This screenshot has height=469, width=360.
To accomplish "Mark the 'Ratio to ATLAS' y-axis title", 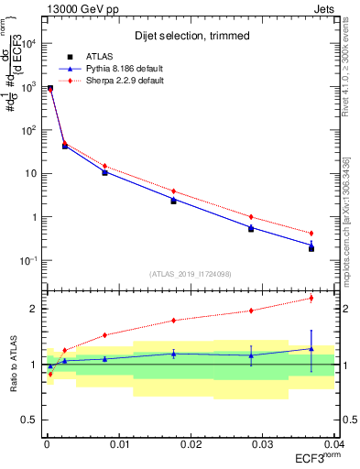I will point(13,364).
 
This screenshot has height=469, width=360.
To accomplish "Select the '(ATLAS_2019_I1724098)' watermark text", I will point(190,273).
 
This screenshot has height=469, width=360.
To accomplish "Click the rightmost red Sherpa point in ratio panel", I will point(311,298).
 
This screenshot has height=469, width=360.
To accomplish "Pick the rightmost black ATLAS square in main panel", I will point(311,248).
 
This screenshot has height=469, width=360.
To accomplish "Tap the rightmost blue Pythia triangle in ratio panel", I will point(311,348).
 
